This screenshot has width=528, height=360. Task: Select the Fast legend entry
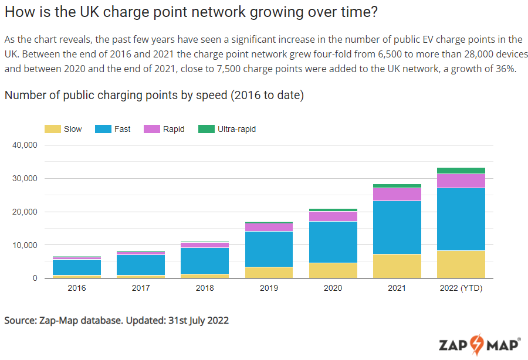(113, 129)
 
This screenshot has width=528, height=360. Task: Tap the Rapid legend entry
(164, 129)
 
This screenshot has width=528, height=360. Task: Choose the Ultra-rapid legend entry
(227, 129)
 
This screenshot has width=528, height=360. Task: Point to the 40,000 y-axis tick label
(25, 145)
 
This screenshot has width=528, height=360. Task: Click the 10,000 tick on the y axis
(25, 245)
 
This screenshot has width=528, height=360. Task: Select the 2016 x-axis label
(76, 288)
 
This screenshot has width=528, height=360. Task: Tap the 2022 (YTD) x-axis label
(461, 288)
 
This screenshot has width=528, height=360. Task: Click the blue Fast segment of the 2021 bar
(397, 227)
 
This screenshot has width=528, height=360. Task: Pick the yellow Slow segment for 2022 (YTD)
(461, 264)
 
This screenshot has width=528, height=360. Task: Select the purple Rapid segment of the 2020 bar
(333, 216)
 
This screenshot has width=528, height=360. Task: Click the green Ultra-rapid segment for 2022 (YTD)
(461, 171)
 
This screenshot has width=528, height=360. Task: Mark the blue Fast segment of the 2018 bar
(205, 261)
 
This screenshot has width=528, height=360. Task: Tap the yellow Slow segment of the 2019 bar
(269, 273)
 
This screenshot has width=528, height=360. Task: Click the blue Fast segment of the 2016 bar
(76, 267)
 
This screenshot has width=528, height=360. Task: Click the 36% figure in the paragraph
(505, 68)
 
